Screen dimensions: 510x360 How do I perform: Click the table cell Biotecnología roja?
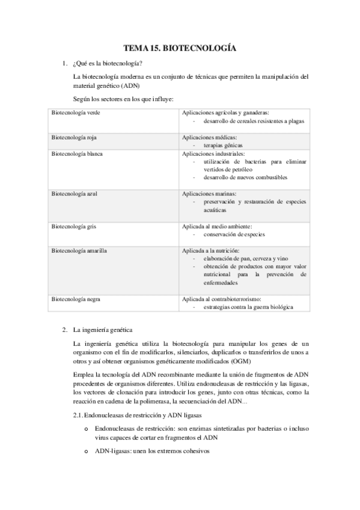click(x=75, y=138)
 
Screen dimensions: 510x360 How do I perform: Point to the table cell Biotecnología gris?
click(x=74, y=227)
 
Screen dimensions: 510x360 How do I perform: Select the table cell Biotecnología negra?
click(x=76, y=299)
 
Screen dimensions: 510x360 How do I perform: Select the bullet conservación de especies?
click(x=234, y=235)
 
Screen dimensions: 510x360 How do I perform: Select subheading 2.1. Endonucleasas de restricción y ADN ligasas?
click(x=138, y=416)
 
